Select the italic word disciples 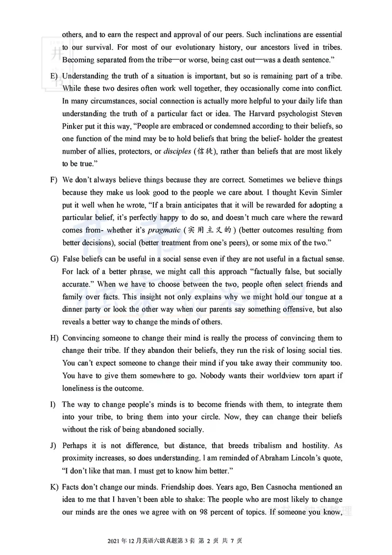[x=177, y=152]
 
